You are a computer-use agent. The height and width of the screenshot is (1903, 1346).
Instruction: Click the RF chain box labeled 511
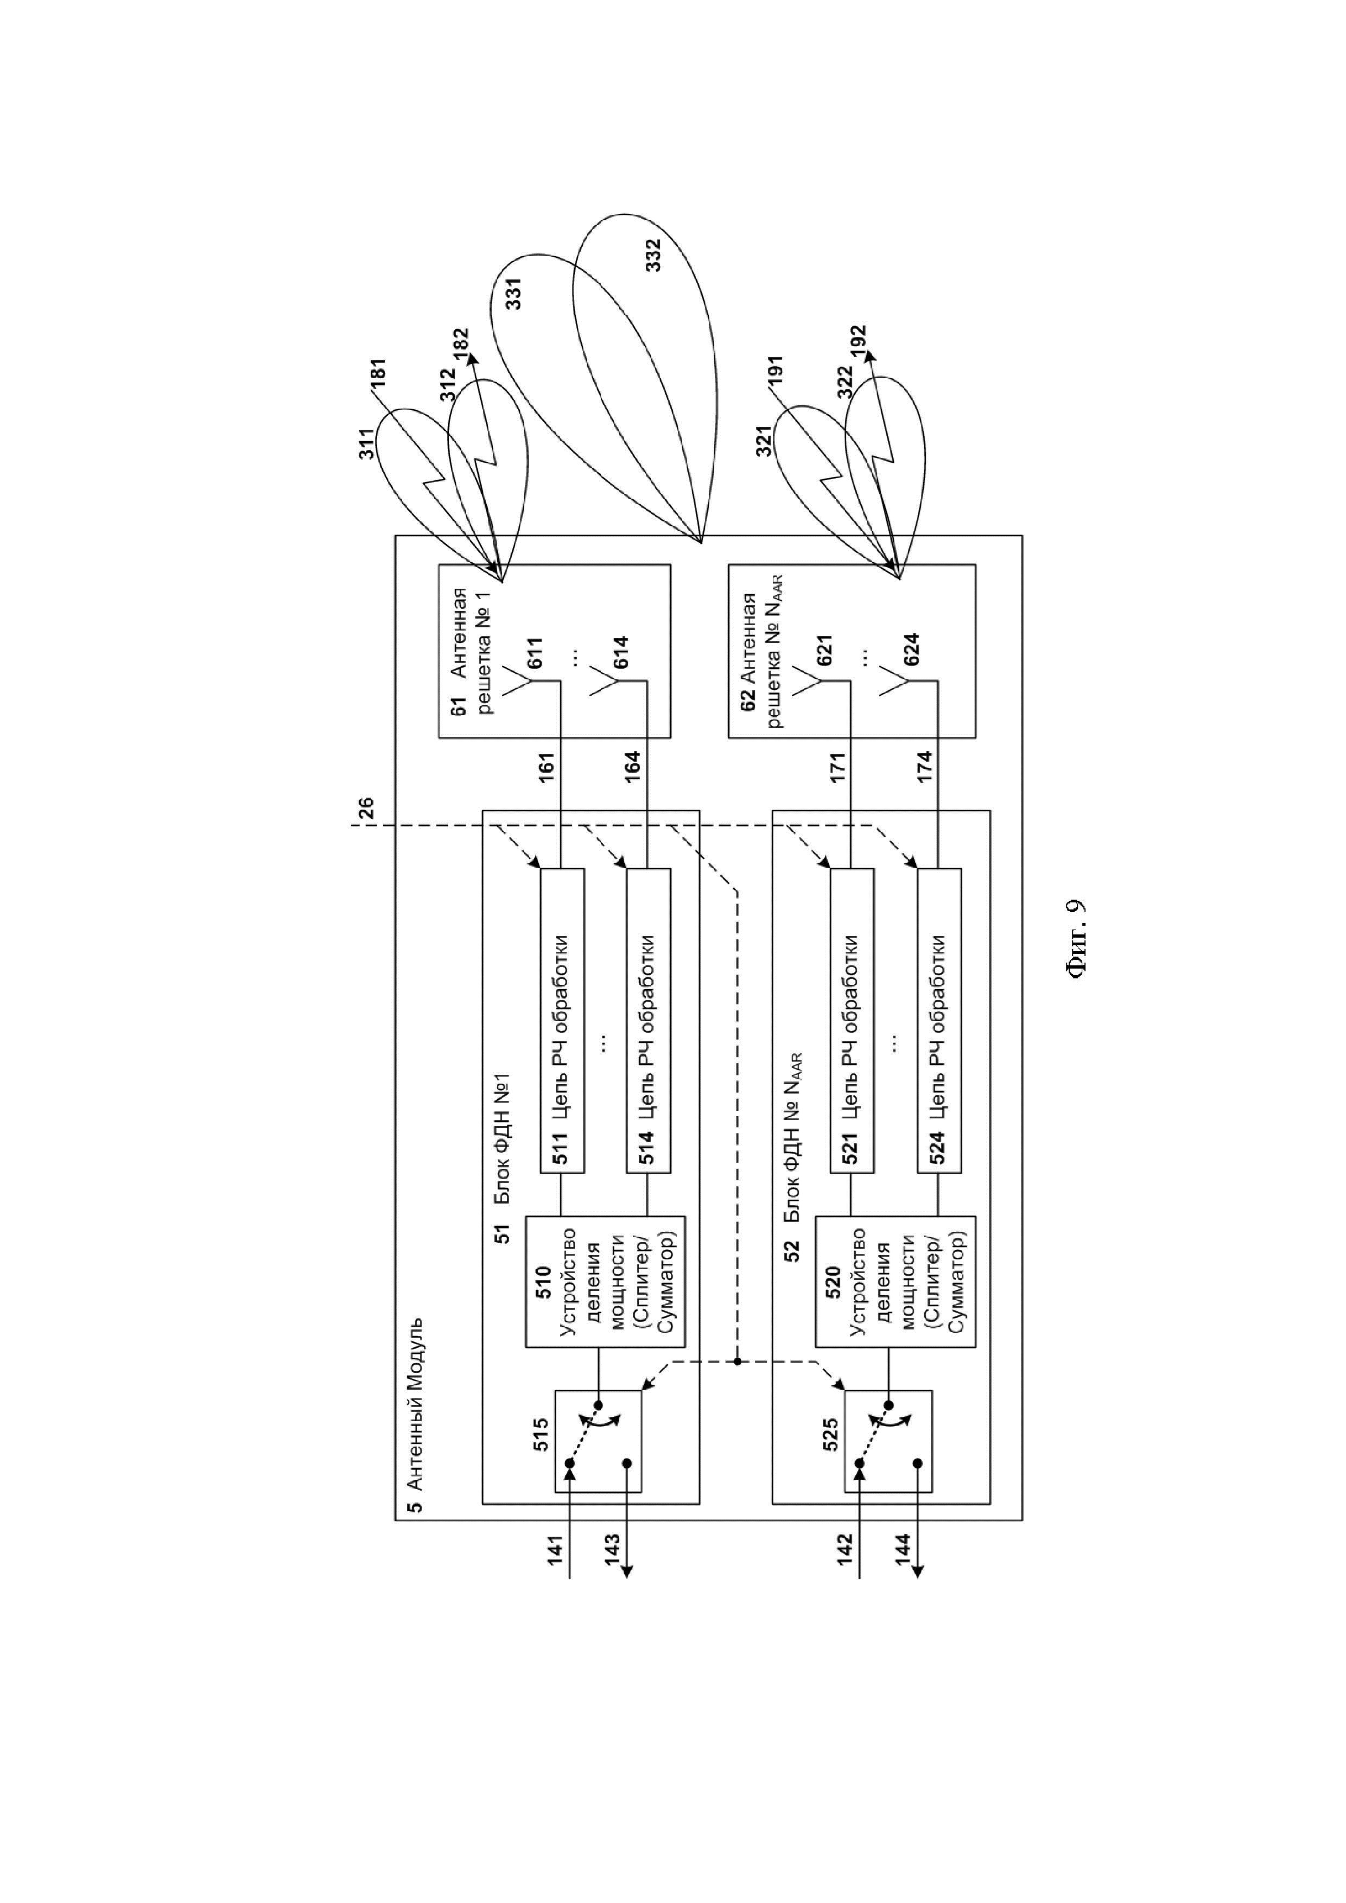(x=562, y=1020)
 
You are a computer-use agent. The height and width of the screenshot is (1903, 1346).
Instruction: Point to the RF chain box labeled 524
(x=939, y=1020)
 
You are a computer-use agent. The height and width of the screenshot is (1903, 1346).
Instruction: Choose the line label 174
(x=924, y=767)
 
